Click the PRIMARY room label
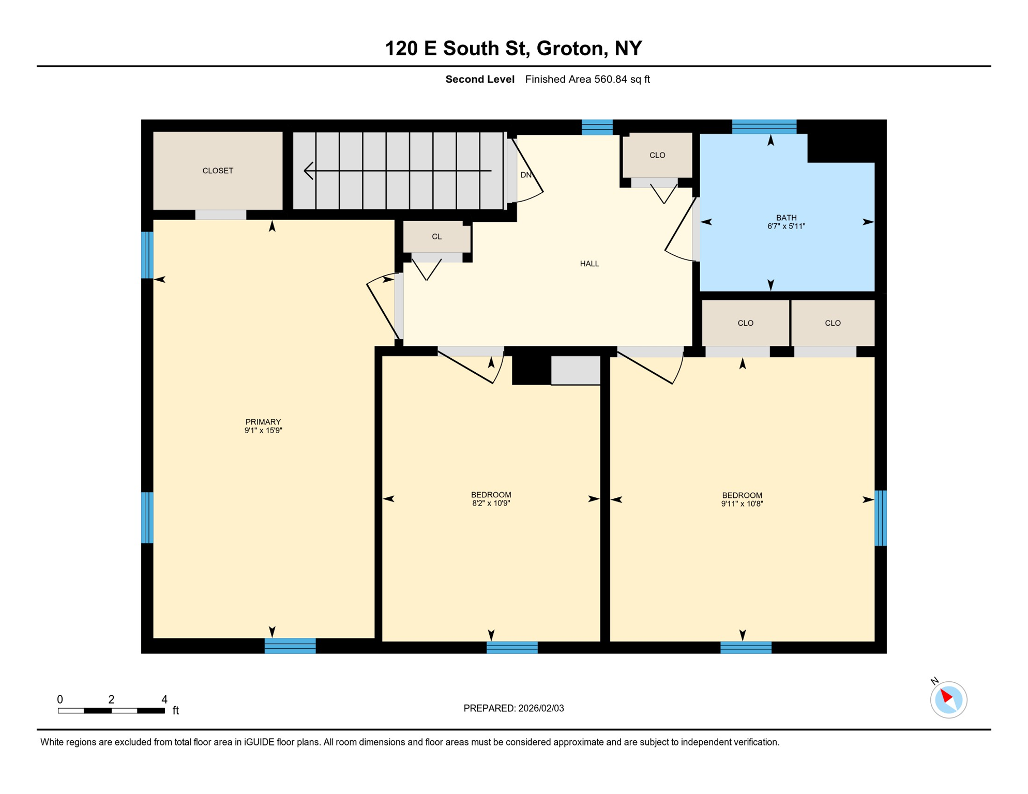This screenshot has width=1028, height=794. [x=263, y=422]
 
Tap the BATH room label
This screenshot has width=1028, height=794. [x=786, y=218]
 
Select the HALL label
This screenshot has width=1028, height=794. [x=589, y=264]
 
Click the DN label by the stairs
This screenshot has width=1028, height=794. [x=525, y=175]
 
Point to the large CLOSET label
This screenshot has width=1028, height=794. [x=218, y=171]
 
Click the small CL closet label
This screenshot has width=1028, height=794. [x=436, y=237]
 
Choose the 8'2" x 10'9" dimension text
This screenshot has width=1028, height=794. [x=491, y=503]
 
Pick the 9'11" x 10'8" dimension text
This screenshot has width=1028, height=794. [x=742, y=503]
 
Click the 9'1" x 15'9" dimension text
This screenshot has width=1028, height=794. [x=263, y=430]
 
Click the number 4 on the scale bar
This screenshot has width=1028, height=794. [x=164, y=699]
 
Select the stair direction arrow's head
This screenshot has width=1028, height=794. [x=308, y=171]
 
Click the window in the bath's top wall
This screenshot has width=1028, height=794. [x=764, y=127]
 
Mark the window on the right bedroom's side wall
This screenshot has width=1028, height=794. [x=880, y=518]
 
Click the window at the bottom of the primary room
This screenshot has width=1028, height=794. [x=290, y=646]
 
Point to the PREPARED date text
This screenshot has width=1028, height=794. [x=513, y=708]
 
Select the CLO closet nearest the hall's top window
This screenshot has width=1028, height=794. [x=657, y=155]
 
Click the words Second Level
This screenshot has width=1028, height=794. [x=479, y=79]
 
